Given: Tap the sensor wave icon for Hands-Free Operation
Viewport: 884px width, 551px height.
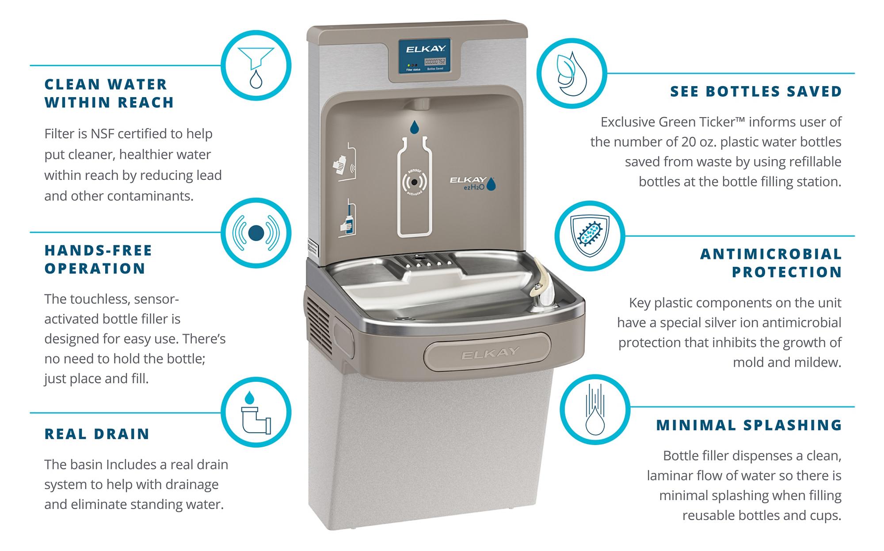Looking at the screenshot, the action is (x=256, y=233).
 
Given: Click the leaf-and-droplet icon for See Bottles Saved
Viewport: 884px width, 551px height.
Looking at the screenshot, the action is (x=572, y=73).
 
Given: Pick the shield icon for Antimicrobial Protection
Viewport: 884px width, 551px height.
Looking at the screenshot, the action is (x=590, y=236).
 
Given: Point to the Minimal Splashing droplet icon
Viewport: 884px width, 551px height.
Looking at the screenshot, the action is (x=595, y=409).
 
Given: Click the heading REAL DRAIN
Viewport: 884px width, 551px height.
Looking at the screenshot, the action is (x=97, y=434).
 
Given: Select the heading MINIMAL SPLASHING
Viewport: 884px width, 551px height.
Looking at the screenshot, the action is (x=749, y=425).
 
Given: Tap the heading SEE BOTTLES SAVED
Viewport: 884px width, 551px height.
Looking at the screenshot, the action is (x=756, y=91).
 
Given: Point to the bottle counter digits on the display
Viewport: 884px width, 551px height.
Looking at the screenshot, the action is (x=435, y=62).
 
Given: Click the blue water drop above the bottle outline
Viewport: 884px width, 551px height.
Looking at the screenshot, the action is (x=414, y=127).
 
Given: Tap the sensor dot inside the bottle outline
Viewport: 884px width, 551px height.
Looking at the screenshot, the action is (x=414, y=182).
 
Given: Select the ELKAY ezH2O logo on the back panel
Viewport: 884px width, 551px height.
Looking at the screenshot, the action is (x=472, y=183).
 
